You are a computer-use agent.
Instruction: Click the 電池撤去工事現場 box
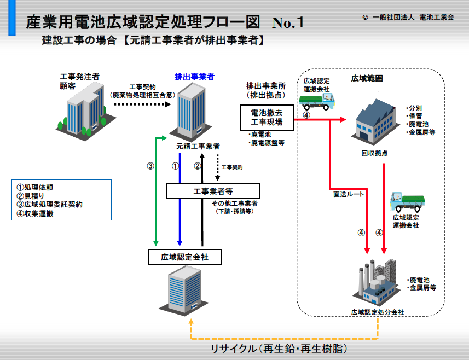tap(267, 118)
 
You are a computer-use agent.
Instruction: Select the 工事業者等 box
tap(213, 191)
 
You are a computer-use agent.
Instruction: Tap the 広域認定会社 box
tap(184, 257)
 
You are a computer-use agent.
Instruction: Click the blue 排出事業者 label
tap(194, 77)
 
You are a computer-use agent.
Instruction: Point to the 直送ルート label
tap(349, 194)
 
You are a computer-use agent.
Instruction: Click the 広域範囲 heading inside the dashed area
tap(367, 78)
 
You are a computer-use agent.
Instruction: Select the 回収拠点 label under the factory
tap(374, 153)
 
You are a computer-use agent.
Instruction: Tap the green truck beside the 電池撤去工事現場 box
tap(316, 101)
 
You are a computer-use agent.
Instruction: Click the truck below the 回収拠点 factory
tap(407, 202)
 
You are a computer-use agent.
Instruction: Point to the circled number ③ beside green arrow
tap(150, 166)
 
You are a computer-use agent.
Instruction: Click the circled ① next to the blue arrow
tap(175, 166)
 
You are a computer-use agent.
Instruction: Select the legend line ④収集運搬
tap(35, 214)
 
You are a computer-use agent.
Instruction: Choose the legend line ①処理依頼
tap(35, 188)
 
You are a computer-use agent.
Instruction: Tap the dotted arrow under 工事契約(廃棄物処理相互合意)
tap(142, 104)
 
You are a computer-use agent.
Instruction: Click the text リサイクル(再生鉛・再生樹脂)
tap(279, 349)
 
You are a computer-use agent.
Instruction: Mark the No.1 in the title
tap(288, 22)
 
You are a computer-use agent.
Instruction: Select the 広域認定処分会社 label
tap(378, 312)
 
